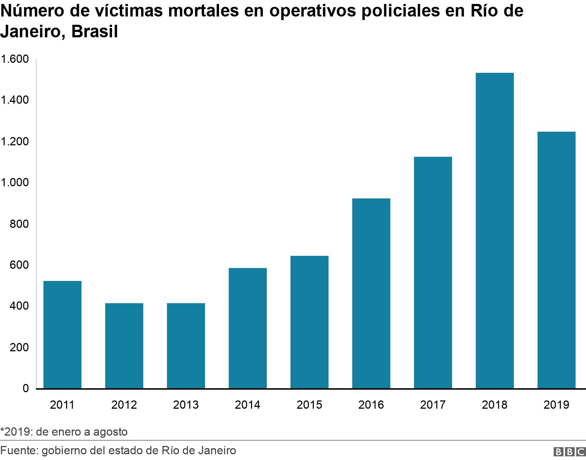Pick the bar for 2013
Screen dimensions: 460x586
pyautogui.click(x=186, y=346)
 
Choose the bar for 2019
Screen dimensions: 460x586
pyautogui.click(x=556, y=260)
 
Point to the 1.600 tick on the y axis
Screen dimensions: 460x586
pyautogui.click(x=14, y=59)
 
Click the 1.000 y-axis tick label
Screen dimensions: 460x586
pyautogui.click(x=14, y=183)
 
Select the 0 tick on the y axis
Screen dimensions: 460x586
pyautogui.click(x=25, y=388)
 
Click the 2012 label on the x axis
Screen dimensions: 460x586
pyautogui.click(x=124, y=405)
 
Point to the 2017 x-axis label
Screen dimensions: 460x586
pyautogui.click(x=433, y=405)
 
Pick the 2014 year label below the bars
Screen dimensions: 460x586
pyautogui.click(x=247, y=405)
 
